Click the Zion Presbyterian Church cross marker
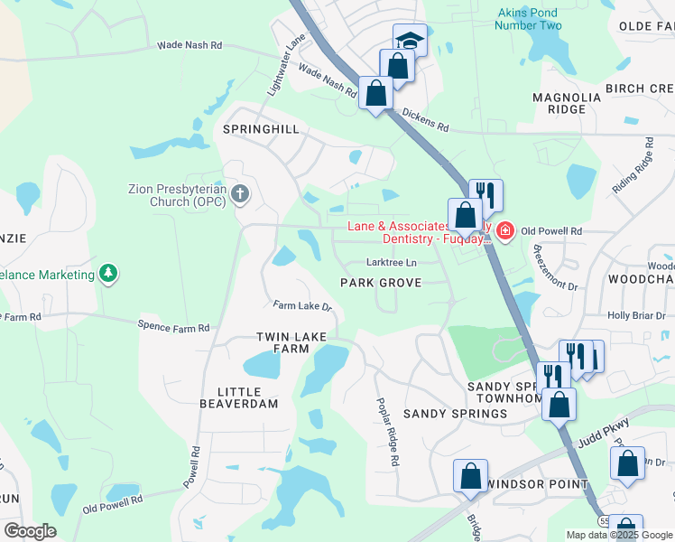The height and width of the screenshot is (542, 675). click(x=240, y=193)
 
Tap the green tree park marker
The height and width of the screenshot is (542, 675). click(x=108, y=273)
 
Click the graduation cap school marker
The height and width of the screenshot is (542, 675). click(x=409, y=41)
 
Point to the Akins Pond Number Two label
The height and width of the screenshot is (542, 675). click(x=528, y=19)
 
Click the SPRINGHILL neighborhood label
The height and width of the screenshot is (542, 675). click(x=261, y=130)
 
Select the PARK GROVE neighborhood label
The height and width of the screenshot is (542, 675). click(x=381, y=284)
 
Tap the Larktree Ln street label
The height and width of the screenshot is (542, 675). click(x=392, y=263)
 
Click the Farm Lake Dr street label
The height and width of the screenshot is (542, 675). click(x=303, y=307)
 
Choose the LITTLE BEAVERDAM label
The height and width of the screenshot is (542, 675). click(x=239, y=398)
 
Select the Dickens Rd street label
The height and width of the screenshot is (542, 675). click(x=425, y=121)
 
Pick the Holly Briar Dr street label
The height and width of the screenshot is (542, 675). click(x=635, y=315)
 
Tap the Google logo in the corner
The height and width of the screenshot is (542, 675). click(x=30, y=531)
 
